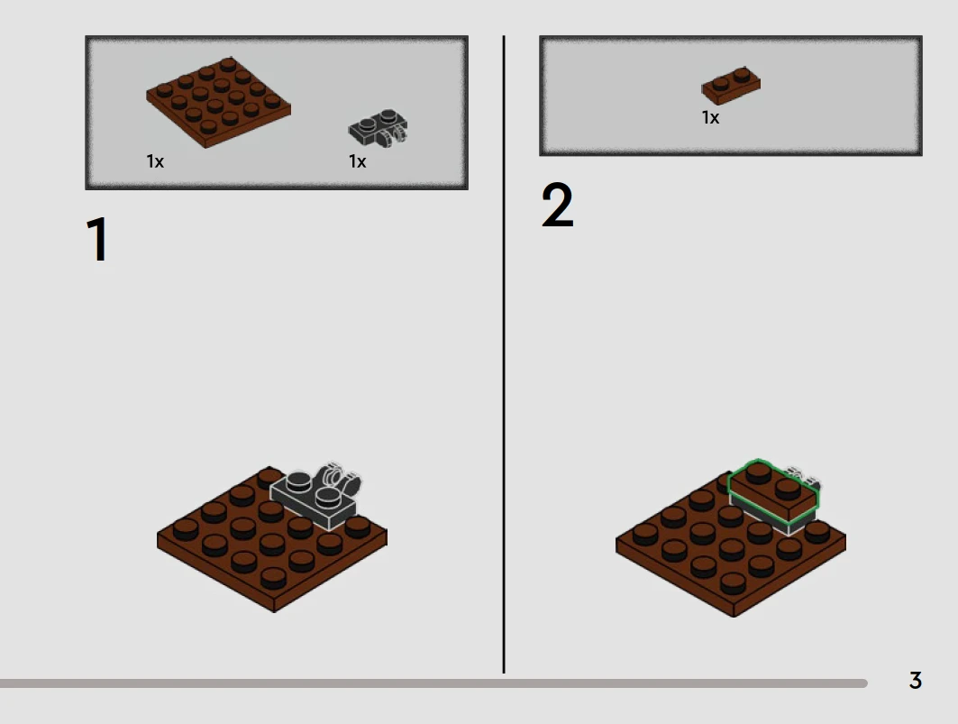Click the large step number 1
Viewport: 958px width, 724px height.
pos(97,239)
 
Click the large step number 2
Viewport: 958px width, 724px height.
pos(557,205)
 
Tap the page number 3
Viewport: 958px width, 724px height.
pos(916,680)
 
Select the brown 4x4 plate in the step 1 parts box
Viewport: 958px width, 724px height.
pos(218,102)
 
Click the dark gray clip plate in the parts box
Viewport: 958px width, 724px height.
pos(379,128)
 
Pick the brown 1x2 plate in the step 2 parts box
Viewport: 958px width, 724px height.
pos(731,86)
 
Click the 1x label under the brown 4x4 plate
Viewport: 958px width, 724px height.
pos(155,161)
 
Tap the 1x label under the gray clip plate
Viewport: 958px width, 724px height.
pos(358,161)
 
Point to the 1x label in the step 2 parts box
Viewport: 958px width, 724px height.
pos(710,117)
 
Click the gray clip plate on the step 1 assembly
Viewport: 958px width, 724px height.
pos(315,495)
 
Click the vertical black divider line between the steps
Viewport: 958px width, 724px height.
pos(504,354)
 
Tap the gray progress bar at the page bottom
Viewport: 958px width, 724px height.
pos(433,683)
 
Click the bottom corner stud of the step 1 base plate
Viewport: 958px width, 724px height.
pos(273,578)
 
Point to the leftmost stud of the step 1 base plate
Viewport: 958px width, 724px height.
pos(186,529)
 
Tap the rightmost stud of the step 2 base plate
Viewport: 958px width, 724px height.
pos(817,532)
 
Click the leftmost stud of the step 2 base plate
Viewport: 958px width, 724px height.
pos(645,535)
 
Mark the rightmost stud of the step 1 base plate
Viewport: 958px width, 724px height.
pos(358,527)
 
